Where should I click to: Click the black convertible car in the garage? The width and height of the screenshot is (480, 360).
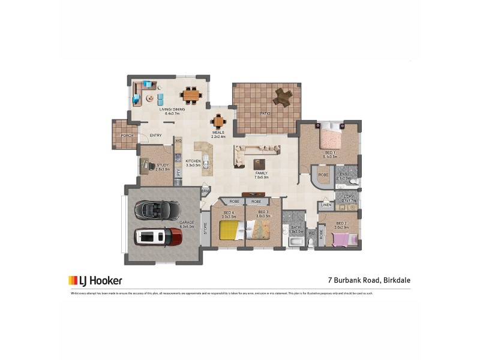click(155, 209)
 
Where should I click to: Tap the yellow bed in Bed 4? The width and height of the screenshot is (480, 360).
click(229, 230)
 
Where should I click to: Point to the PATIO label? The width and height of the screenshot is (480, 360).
click(265, 113)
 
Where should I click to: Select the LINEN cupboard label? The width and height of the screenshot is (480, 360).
click(326, 205)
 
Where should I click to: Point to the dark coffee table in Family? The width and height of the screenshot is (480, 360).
click(259, 164)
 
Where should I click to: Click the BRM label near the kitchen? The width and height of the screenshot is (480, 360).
click(205, 191)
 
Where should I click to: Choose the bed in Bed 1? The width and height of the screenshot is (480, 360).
click(329, 139)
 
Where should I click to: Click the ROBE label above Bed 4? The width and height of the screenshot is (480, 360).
click(234, 202)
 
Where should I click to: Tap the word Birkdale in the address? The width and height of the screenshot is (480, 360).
click(394, 280)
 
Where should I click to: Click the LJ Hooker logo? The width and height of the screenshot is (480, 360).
click(95, 280)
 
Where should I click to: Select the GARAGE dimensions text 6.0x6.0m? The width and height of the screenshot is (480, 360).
click(187, 227)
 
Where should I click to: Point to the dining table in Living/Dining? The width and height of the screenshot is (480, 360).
click(191, 94)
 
